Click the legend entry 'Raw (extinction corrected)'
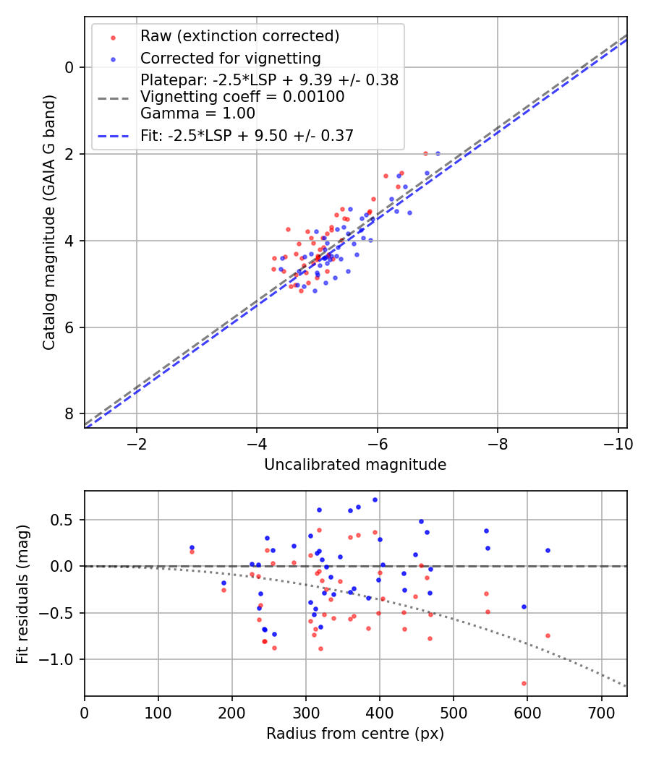coord(239,36)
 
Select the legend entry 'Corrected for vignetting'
coord(230,58)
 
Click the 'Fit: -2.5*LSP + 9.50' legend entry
coord(247,135)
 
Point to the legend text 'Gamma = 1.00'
coord(197,113)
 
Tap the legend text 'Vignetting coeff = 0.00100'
coord(242,97)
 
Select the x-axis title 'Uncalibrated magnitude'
coord(355,465)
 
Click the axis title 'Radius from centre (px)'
coord(355,734)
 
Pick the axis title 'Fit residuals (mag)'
coord(23,593)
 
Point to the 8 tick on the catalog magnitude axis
coord(70,413)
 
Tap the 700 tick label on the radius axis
coord(601,713)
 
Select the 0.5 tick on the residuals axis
coord(66,520)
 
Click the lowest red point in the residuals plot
coord(524,683)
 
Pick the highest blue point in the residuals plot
coord(375,499)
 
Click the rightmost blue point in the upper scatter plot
coord(438,153)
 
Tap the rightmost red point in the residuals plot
coord(548,635)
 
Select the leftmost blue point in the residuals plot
coord(192,547)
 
